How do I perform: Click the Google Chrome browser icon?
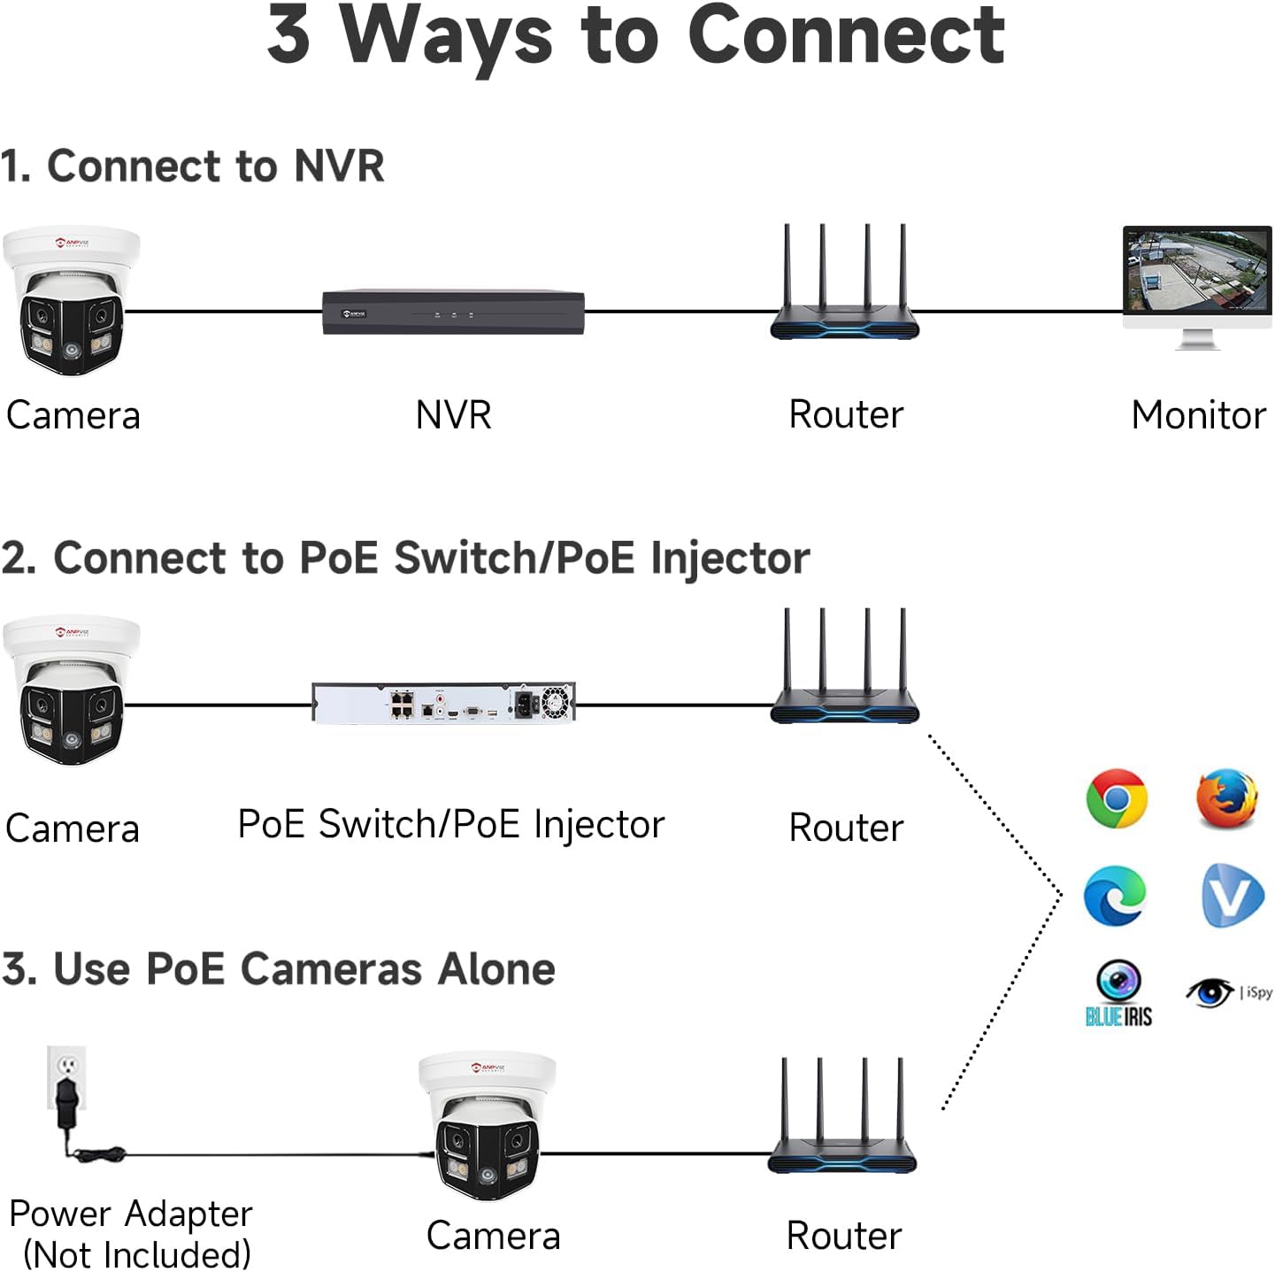[x=1117, y=798]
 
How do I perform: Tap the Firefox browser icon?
[x=1226, y=798]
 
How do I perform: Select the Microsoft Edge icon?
[x=1115, y=896]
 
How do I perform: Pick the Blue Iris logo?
[x=1118, y=993]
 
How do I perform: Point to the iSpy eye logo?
[x=1210, y=992]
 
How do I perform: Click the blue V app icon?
[x=1233, y=895]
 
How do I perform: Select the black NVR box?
[x=453, y=312]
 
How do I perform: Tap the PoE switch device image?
[x=443, y=703]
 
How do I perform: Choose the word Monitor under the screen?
[x=1198, y=415]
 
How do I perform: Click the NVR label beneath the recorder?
[x=453, y=415]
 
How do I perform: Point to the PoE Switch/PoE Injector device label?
[x=451, y=825]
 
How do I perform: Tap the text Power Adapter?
[x=131, y=1214]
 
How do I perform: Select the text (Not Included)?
[x=137, y=1254]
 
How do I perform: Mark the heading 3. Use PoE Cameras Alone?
[x=279, y=968]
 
